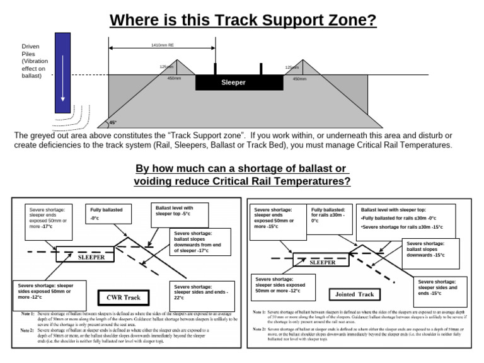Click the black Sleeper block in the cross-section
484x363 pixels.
tap(233, 83)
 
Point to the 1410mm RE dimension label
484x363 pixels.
tap(163, 45)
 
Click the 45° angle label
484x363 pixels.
tap(113, 123)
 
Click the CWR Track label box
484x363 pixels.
tap(123, 297)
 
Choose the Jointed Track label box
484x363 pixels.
tap(356, 294)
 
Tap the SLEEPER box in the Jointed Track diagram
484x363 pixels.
tap(322, 262)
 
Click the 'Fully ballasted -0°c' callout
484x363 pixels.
tap(108, 214)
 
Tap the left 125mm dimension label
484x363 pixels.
tap(166, 67)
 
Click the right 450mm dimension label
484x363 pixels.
tap(299, 79)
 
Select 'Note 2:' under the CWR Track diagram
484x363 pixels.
tap(26, 330)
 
